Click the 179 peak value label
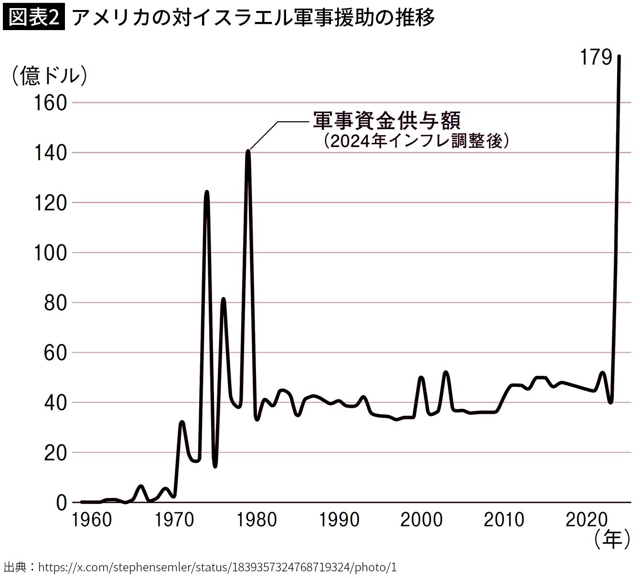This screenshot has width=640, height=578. [x=595, y=58]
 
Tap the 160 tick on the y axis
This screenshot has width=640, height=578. [x=50, y=103]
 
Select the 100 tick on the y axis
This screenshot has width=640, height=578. [x=50, y=253]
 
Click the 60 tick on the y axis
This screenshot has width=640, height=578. [x=55, y=353]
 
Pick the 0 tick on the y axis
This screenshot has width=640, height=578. [x=61, y=503]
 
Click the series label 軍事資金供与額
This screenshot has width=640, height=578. [x=387, y=121]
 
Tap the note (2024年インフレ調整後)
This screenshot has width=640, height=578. [x=415, y=141]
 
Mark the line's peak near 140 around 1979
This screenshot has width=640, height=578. [x=248, y=151]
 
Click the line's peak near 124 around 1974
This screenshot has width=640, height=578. [x=206, y=193]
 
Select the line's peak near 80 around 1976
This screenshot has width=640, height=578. [x=223, y=300]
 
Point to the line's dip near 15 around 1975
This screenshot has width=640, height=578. [x=215, y=466]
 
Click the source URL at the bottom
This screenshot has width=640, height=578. [x=217, y=567]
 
